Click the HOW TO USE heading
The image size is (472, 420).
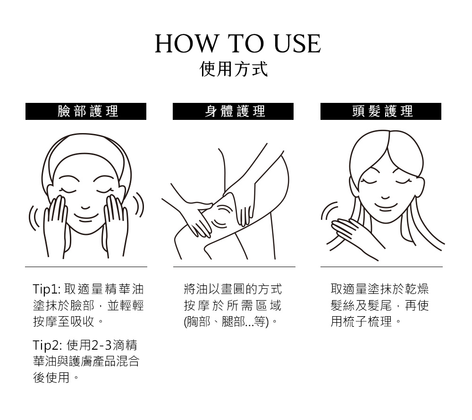point(238,44)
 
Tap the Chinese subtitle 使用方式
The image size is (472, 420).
point(234,69)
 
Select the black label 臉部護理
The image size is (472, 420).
point(86,111)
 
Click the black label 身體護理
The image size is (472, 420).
point(233,111)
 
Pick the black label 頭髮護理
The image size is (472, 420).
point(381,111)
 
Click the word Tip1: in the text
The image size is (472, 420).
point(47,289)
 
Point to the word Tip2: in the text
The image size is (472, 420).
point(48,345)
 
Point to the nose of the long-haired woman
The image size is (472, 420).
point(386,197)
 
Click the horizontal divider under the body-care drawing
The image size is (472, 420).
point(234,267)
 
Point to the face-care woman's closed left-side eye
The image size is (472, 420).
point(68,191)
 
